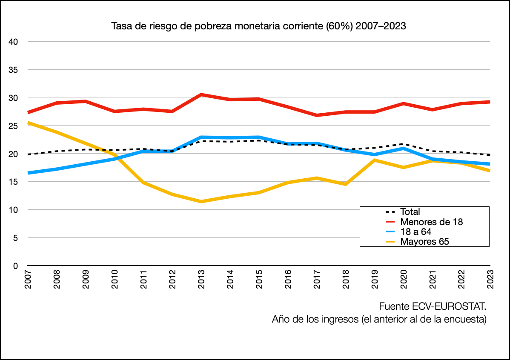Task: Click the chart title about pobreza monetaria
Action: (258, 26)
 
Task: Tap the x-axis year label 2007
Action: (28, 279)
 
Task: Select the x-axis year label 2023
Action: (490, 279)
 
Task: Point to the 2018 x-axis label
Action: (346, 279)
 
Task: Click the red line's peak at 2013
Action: (201, 94)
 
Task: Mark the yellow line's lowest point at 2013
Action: (201, 201)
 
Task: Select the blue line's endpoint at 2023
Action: (490, 164)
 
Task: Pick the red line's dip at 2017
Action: (317, 115)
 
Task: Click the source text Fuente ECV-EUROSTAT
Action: (432, 307)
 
